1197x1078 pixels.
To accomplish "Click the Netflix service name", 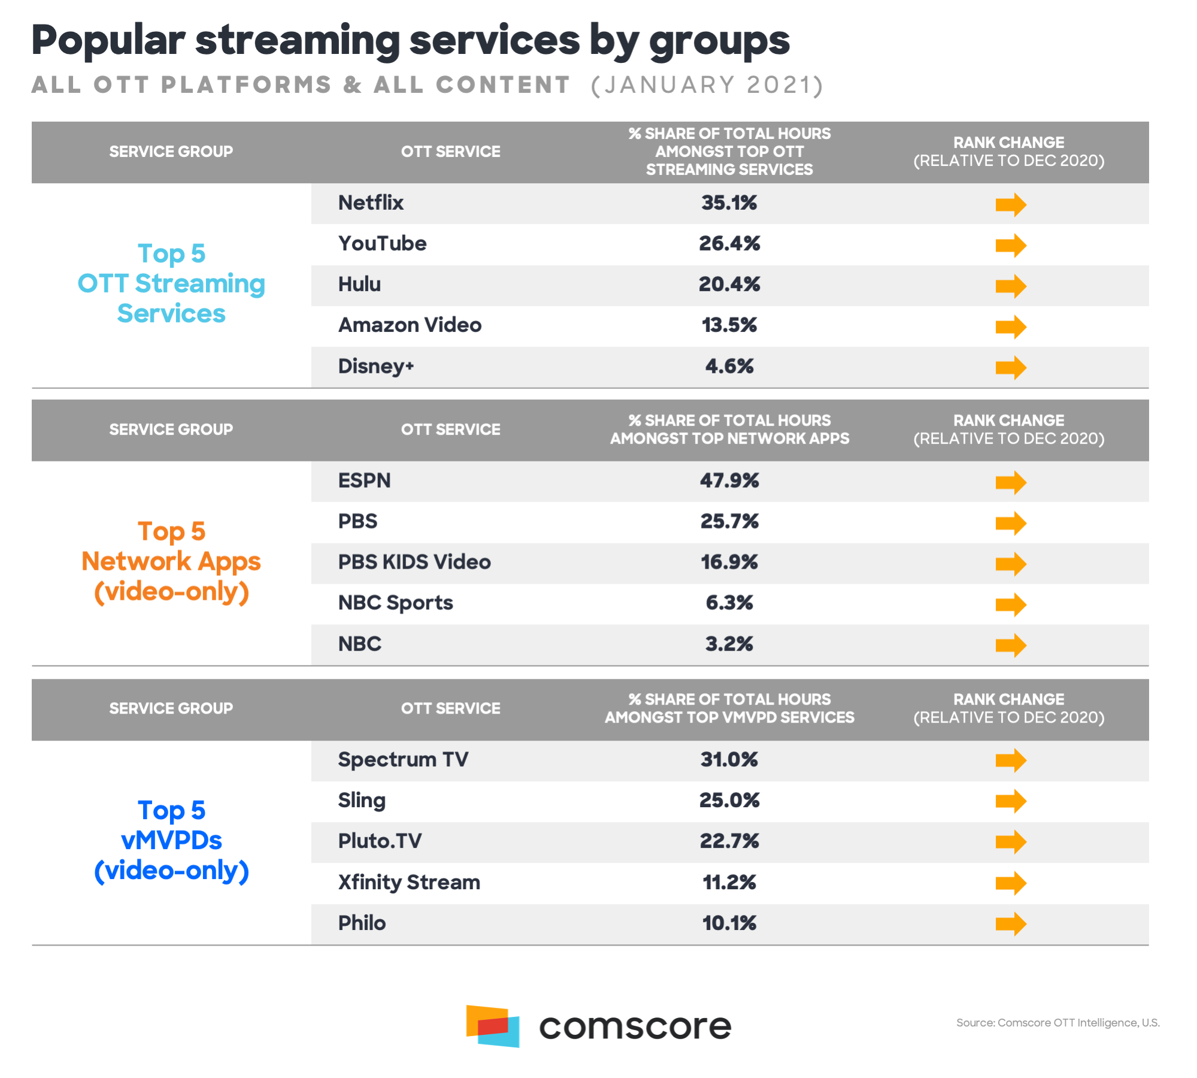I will coord(371,203).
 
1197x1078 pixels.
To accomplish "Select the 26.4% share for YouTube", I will coord(729,244).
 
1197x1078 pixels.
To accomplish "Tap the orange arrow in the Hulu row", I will coord(1010,286).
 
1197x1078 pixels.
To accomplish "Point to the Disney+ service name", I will coord(375,366).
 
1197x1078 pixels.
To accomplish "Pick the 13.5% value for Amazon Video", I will coord(729,325).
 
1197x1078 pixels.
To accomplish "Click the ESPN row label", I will coord(364,481).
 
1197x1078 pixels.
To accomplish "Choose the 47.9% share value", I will coord(729,481).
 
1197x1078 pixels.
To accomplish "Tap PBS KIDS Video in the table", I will coord(414,562).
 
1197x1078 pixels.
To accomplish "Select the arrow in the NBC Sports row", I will coord(1010,605).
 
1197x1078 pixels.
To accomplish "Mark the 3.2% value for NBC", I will coord(729,644).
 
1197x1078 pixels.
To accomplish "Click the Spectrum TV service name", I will coord(403,760).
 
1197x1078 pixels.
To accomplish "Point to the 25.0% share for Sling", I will coord(729,801).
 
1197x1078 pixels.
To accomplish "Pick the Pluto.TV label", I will coord(380,841).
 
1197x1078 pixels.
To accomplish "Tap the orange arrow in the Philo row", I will coord(1010,923).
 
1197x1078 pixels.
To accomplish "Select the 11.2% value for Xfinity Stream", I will coord(729,883).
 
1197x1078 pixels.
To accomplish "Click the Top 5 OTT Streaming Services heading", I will coord(171,283).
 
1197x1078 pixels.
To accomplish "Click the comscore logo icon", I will coord(492,1026).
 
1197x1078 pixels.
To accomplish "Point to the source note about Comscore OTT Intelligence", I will coord(1057,1023).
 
